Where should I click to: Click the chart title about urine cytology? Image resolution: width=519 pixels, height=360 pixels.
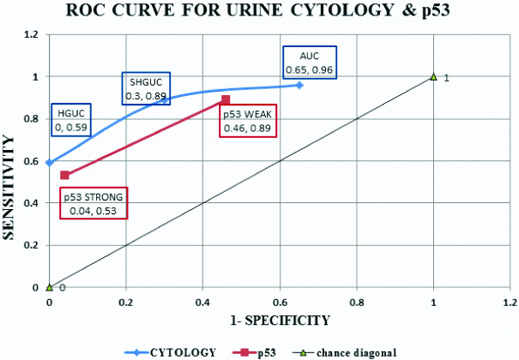pos(260,11)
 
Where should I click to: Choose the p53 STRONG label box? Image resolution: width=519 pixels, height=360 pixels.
pos(94,203)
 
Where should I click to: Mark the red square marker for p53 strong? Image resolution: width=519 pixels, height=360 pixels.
pos(64,175)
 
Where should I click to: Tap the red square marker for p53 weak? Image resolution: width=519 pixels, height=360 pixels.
pos(226,99)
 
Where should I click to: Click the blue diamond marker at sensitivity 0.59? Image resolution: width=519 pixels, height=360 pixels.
pos(49,163)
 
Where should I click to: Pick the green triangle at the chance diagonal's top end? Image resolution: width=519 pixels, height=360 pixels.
pos(434,77)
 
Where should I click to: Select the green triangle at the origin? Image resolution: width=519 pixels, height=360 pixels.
pos(49,287)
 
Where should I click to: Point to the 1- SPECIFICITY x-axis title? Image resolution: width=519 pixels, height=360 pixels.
pos(279,320)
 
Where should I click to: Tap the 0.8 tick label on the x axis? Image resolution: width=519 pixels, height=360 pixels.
pos(357,302)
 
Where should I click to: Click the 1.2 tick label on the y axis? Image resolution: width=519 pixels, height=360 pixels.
pos(33,35)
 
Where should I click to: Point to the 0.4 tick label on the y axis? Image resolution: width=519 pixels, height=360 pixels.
pos(33,203)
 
